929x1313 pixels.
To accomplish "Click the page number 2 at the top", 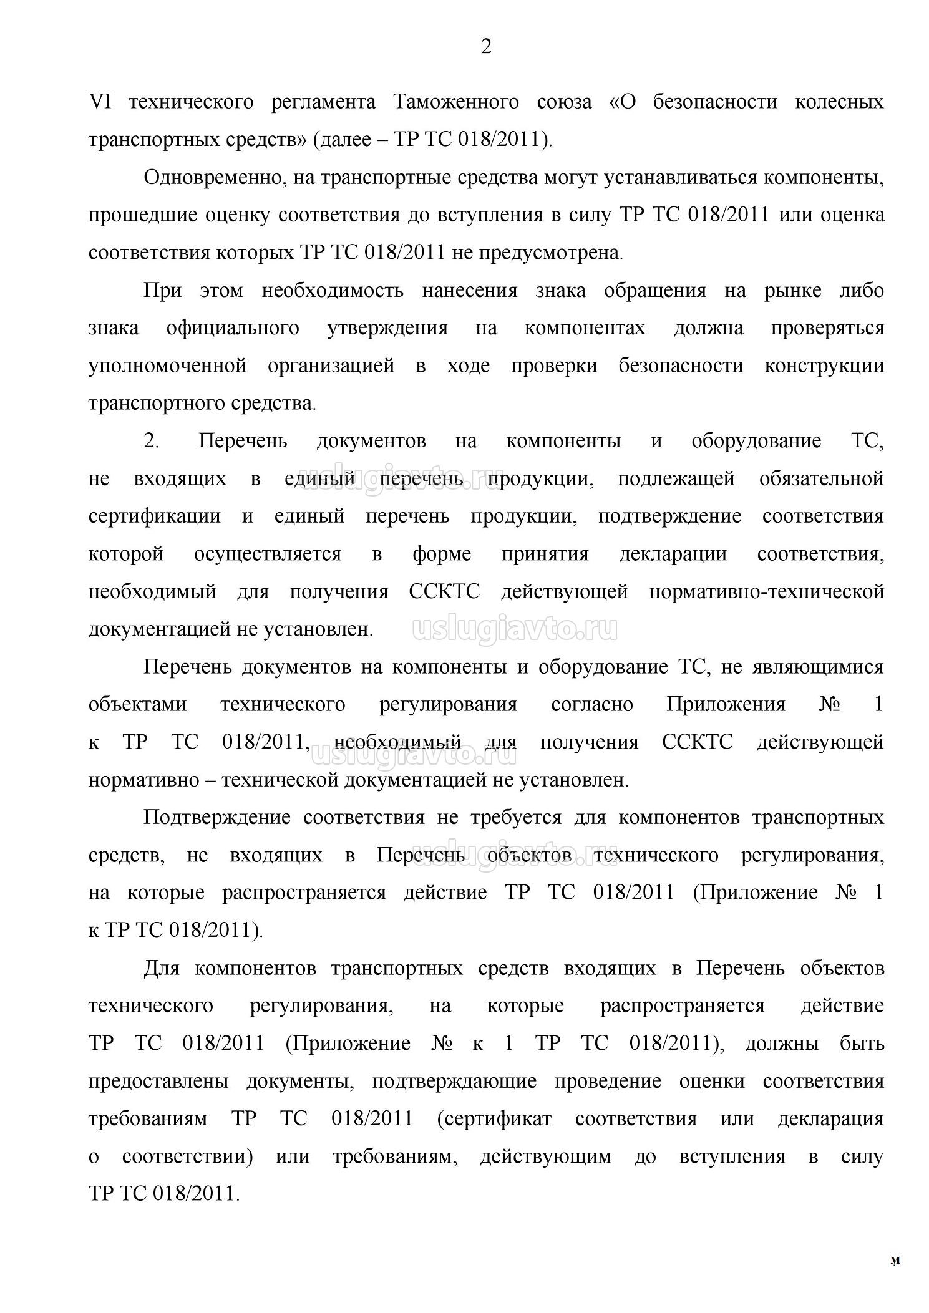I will (x=486, y=46).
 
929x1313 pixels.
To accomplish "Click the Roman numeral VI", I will (x=100, y=102).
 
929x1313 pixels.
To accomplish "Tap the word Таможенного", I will (x=456, y=102).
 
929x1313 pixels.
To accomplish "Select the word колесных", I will (x=839, y=102).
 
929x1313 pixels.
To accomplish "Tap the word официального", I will (x=233, y=328).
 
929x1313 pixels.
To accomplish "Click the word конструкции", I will (x=824, y=366).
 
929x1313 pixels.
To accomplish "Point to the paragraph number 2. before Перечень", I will (x=152, y=441).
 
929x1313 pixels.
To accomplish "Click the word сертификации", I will (x=155, y=516).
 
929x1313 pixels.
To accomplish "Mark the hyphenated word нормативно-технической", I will (x=767, y=591).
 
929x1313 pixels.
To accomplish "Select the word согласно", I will (x=592, y=705).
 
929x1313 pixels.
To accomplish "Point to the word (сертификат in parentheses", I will (x=494, y=1118).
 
